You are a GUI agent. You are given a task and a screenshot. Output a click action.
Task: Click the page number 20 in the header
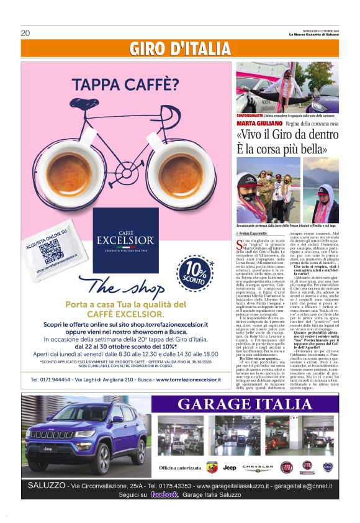point(25,34)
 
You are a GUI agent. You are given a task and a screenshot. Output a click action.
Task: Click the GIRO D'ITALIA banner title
point(180,48)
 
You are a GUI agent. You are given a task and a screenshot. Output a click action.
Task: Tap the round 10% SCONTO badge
point(196,271)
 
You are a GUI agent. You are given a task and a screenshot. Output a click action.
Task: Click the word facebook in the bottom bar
point(164,494)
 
